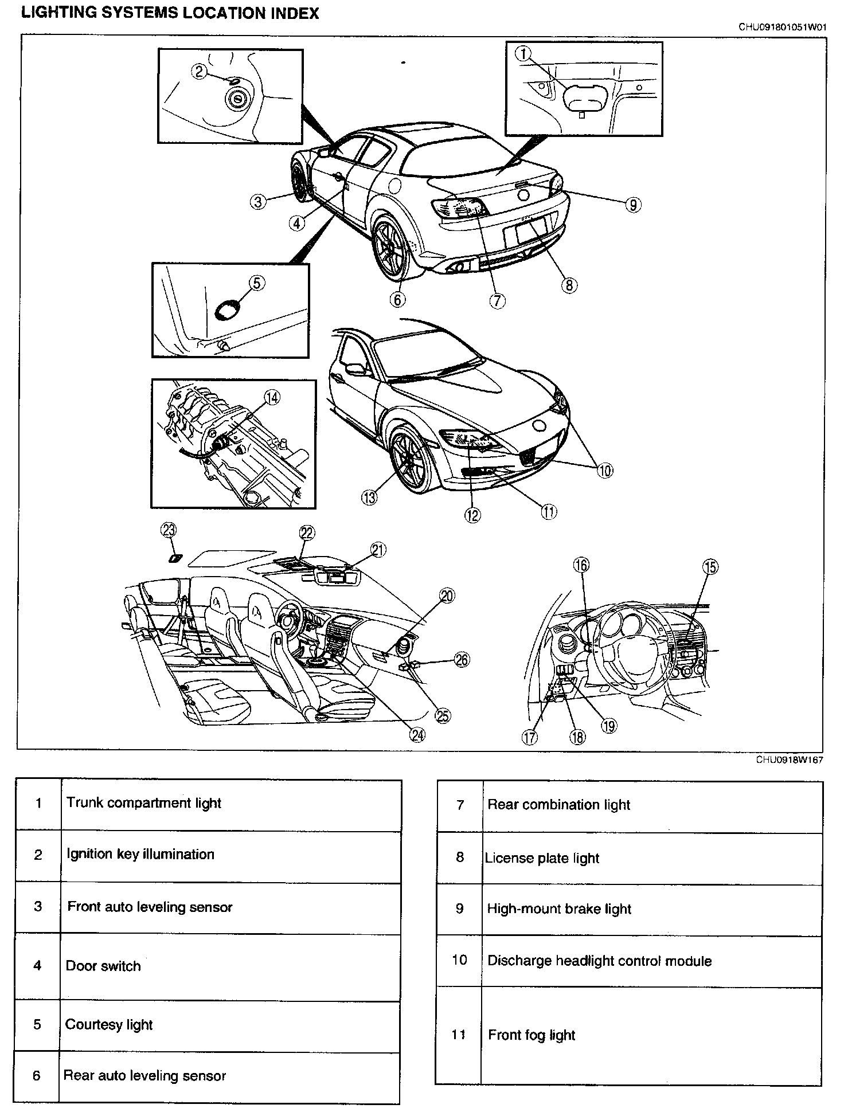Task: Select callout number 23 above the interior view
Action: pos(169,531)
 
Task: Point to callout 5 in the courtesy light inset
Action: pos(256,283)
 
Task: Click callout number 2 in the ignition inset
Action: pos(199,72)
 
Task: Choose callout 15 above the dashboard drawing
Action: pos(710,567)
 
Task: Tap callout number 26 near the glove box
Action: pos(461,660)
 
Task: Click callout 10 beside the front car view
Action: pos(605,470)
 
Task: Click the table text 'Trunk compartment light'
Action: pos(143,802)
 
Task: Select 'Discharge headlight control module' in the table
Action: pos(599,961)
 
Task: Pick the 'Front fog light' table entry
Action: pos(532,1035)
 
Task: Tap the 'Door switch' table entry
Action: pos(103,966)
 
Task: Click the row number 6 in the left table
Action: pos(37,1075)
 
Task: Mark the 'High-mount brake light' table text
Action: pos(559,909)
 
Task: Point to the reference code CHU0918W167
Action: pos(789,759)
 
